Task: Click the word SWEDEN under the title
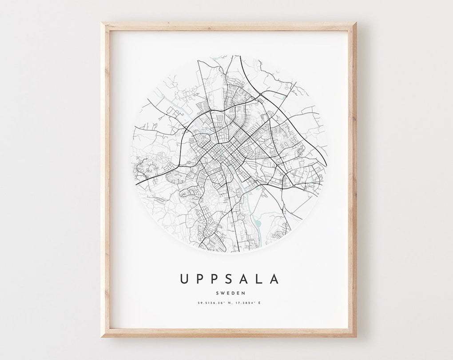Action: (x=230, y=293)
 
